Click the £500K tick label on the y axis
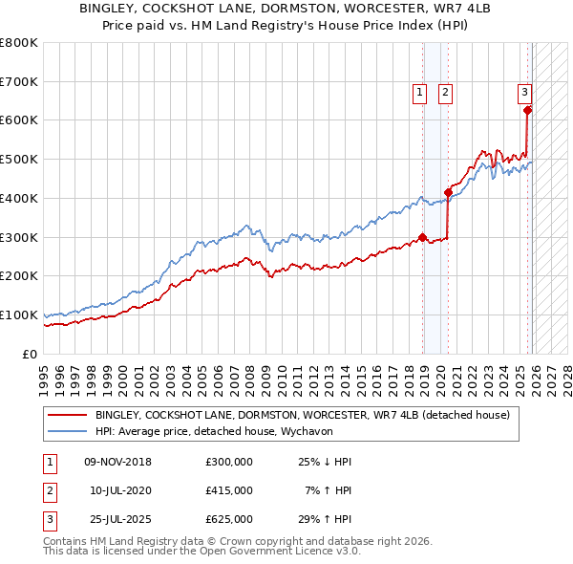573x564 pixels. pyautogui.click(x=19, y=159)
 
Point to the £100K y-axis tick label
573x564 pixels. pyautogui.click(x=19, y=315)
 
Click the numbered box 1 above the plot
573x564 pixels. pyautogui.click(x=420, y=93)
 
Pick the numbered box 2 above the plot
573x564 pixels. pyautogui.click(x=446, y=93)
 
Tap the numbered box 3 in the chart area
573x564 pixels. pyautogui.click(x=524, y=93)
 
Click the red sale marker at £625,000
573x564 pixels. pyautogui.click(x=528, y=110)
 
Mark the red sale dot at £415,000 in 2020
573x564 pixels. pyautogui.click(x=448, y=192)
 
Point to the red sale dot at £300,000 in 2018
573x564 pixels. pyautogui.click(x=422, y=237)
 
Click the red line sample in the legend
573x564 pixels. pyautogui.click(x=67, y=415)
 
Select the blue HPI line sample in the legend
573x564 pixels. pyautogui.click(x=67, y=431)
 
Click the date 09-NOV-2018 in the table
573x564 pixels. pyautogui.click(x=117, y=462)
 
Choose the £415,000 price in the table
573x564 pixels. pyautogui.click(x=229, y=490)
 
